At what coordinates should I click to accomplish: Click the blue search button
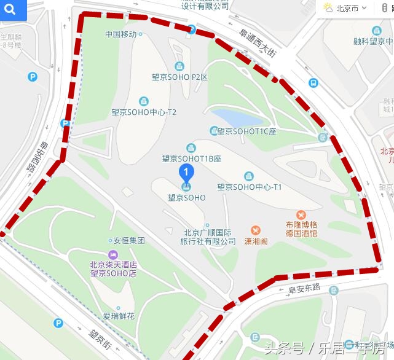pos(13,10)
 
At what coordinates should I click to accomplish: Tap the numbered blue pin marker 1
pos(186,173)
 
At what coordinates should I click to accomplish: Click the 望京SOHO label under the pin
pos(186,198)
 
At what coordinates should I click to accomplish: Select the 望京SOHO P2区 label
pos(179,77)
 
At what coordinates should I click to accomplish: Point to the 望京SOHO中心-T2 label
pos(144,112)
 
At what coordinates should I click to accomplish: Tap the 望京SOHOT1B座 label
pos(191,158)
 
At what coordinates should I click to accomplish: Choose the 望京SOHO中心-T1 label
pos(249,187)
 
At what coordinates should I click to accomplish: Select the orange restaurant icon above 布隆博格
pos(301,214)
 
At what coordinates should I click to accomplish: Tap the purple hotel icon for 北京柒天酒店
pos(112,255)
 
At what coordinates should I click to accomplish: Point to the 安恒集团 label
pos(128,241)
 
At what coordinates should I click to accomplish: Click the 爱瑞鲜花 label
pos(118,316)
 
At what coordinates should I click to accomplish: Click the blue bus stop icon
pos(313,83)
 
